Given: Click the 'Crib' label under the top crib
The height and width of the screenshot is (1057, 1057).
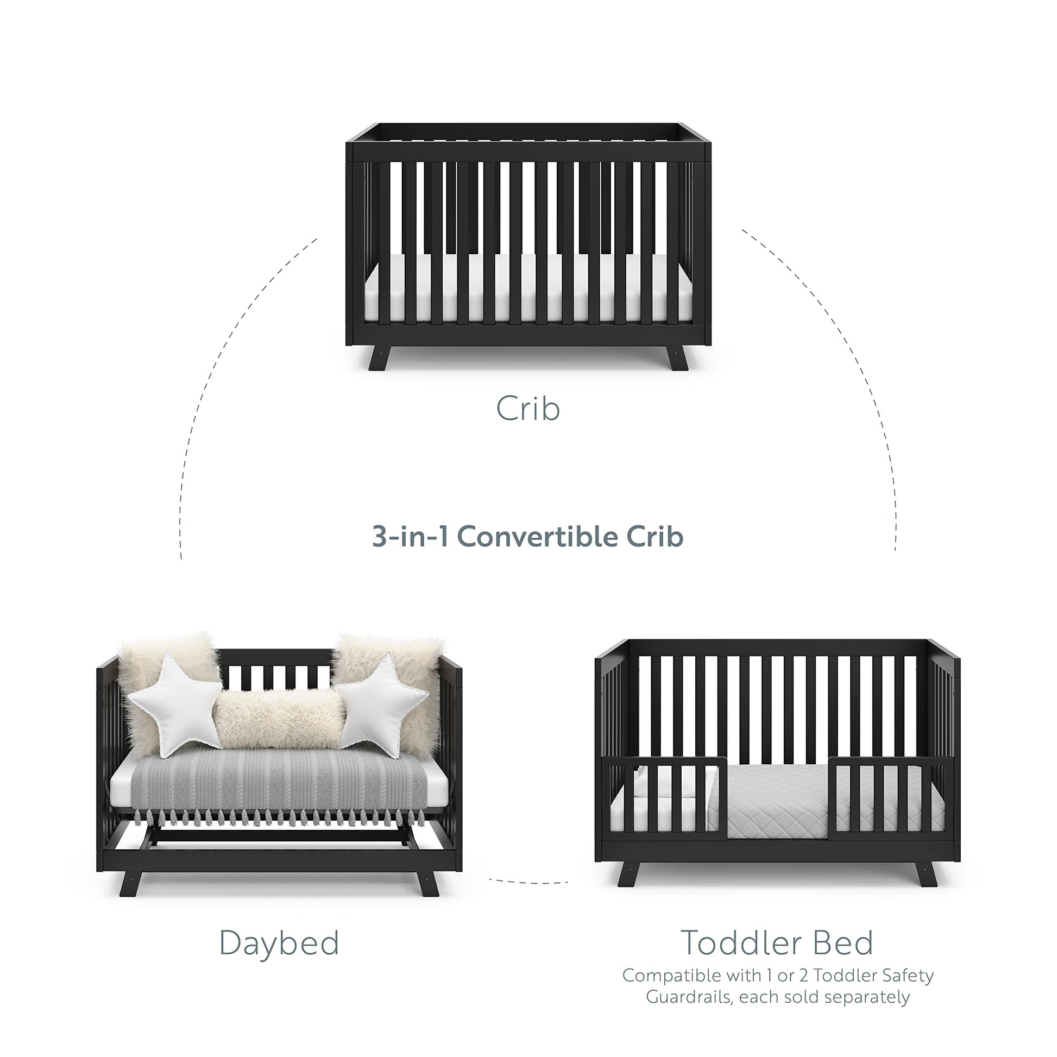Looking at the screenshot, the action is pos(528,408).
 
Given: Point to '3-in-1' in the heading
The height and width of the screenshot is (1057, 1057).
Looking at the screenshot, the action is pos(410,537).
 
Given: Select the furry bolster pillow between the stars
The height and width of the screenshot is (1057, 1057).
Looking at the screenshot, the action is pos(279,720).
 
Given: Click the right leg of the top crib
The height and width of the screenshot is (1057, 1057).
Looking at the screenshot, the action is pos(676,358).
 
